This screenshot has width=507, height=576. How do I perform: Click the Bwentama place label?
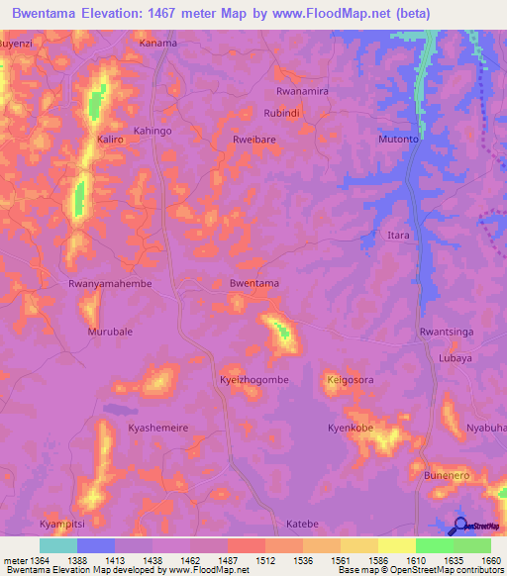coord(253,283)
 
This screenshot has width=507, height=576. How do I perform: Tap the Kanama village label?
coord(157,44)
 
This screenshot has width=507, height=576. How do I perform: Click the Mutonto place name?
coord(399,140)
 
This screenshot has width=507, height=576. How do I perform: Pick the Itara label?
coord(397,236)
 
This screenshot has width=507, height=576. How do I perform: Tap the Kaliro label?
coord(111,140)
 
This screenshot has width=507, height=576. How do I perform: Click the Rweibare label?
coord(254,140)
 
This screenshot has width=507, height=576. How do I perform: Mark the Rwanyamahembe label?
coord(109,283)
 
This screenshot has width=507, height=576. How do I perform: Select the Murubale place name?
coord(110,332)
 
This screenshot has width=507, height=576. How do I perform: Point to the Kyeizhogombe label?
coord(253,379)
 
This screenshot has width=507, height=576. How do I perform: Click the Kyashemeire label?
coord(158,428)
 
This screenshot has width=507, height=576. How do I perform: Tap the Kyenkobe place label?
coord(351,428)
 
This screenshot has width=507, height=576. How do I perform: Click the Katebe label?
coord(302,523)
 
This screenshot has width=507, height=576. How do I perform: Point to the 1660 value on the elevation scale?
coord(491,561)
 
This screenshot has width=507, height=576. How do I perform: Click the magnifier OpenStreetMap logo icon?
coord(458,526)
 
